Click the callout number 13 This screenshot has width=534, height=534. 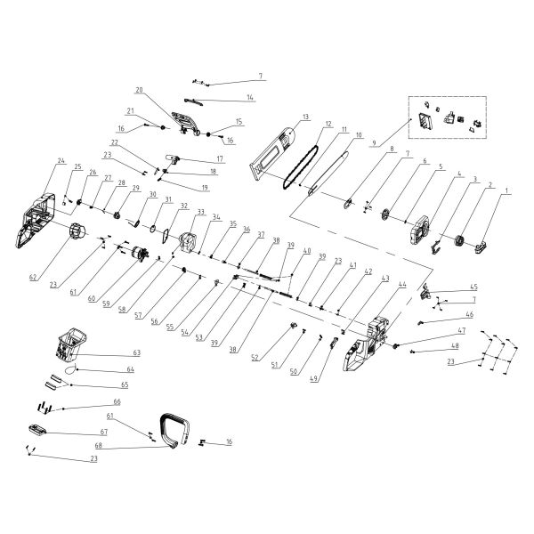tap(304, 117)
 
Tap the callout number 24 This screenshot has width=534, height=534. tap(61, 161)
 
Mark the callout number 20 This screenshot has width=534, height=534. tap(139, 91)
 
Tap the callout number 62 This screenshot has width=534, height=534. tap(34, 277)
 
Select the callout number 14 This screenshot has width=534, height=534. tap(250, 96)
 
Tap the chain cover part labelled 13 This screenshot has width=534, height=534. tap(276, 148)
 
